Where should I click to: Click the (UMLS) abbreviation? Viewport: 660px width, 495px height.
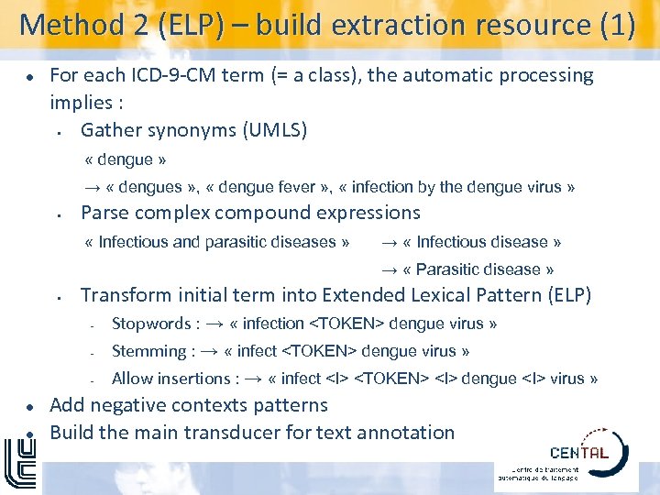[275, 130]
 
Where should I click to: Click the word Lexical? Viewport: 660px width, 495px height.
[445, 295]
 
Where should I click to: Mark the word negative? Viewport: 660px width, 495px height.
[125, 405]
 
